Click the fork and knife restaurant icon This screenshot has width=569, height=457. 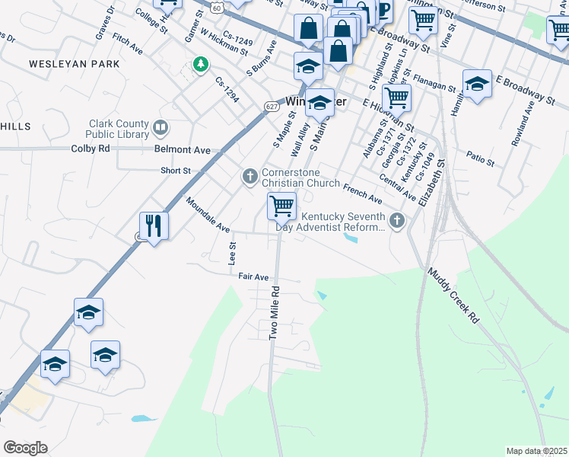[x=154, y=225]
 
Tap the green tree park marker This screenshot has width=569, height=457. [x=200, y=65]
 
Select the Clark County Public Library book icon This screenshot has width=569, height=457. [x=161, y=127]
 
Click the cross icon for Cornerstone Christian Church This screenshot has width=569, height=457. [x=250, y=177]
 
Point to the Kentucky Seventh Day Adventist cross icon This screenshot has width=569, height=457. [x=396, y=221]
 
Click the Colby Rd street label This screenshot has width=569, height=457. [x=91, y=149]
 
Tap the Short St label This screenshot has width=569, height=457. [x=175, y=171]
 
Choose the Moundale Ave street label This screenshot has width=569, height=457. [x=207, y=215]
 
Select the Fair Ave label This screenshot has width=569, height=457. [x=253, y=276]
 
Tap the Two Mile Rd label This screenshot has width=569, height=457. [x=274, y=313]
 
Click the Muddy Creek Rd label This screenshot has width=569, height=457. [x=452, y=295]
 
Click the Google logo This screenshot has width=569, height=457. [x=25, y=448]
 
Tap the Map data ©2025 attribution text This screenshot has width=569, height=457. [x=536, y=451]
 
